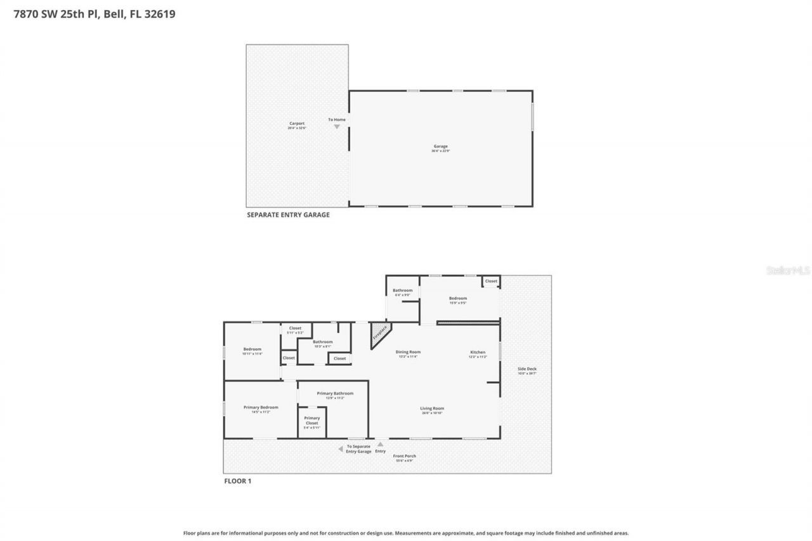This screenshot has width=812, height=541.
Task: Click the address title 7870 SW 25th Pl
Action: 94,13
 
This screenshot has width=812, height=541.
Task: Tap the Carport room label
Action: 297,126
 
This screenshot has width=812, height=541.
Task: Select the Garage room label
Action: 440,148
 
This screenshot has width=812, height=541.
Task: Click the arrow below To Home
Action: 337,127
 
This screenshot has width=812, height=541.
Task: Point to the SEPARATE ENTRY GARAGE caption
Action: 288,215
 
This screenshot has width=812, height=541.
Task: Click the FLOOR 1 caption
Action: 238,481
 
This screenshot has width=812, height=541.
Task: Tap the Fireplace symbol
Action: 380,334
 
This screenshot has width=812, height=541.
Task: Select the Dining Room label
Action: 408,354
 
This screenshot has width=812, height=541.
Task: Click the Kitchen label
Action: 478,354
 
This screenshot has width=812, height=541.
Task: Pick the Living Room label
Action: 431,410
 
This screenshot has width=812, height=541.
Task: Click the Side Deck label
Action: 527,370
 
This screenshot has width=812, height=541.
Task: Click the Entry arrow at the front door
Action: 380,445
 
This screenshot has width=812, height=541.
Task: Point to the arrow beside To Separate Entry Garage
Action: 341,449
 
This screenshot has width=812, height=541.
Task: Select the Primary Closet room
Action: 311,422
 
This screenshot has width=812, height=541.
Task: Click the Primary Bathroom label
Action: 335,395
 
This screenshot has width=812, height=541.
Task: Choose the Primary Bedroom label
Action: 261,409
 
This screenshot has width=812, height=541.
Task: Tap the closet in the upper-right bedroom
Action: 491,281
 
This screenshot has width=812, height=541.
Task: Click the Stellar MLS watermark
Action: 788,270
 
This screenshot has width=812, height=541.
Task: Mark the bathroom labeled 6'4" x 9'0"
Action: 402,292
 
